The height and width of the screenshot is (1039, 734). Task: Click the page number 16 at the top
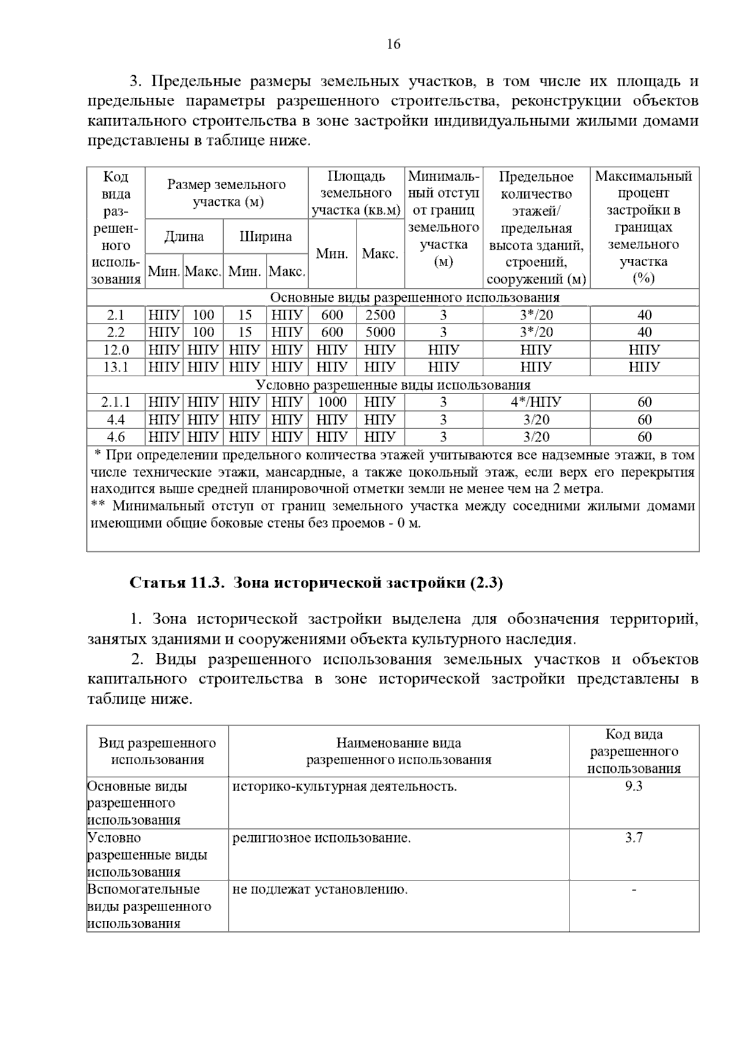tap(393, 44)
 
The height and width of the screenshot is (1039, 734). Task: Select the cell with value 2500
tap(380, 315)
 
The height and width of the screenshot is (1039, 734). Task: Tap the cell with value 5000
tap(380, 332)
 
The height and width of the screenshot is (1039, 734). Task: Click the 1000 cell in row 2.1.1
tap(332, 402)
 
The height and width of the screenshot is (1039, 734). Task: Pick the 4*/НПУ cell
tap(536, 402)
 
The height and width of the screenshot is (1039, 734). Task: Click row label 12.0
tap(116, 350)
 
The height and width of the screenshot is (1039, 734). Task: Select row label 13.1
tap(116, 367)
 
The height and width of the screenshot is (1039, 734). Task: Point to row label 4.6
tap(116, 437)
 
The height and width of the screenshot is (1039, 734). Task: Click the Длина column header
tap(183, 237)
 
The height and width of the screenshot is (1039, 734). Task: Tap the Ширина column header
tap(265, 237)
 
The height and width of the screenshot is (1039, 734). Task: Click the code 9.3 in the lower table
tap(634, 786)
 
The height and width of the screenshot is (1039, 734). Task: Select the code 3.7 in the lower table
tap(634, 838)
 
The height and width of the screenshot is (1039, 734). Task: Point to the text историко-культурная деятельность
tap(344, 786)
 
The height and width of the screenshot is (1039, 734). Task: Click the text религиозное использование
tap(322, 838)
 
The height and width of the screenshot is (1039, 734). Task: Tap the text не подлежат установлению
tap(320, 889)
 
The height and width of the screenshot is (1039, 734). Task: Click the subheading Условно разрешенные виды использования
tap(393, 385)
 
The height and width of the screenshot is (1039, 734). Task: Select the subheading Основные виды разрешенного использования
tap(414, 298)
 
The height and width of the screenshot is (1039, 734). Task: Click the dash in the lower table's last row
tap(634, 889)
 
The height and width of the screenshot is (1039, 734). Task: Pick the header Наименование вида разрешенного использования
tap(398, 751)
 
